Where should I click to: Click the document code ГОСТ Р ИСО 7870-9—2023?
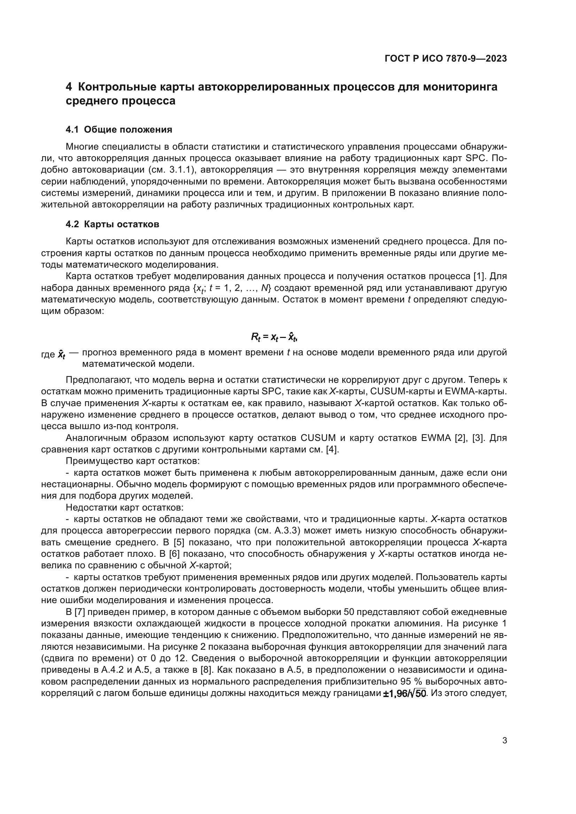pos(445,59)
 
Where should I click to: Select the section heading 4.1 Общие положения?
pos(119,129)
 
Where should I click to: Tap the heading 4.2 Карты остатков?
pos(112,224)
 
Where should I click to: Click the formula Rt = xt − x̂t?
pos(274,337)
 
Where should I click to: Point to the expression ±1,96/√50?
pos(404,693)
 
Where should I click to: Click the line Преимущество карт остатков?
pos(133,461)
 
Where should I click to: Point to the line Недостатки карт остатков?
pos(124,508)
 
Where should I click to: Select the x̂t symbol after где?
pos(62,354)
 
